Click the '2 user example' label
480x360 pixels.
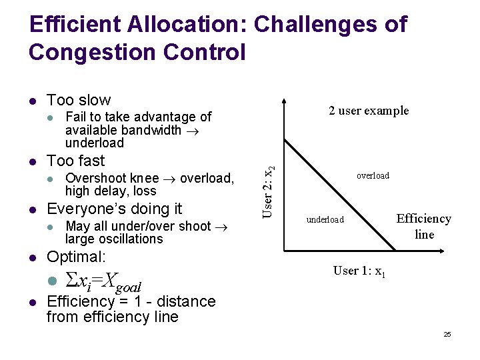click(369, 111)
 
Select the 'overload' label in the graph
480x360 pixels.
click(373, 176)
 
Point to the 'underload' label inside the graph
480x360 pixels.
click(325, 220)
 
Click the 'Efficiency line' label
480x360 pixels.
click(424, 227)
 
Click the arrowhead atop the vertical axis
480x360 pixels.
click(285, 103)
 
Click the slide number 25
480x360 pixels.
click(447, 334)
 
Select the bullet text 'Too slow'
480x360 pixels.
click(79, 100)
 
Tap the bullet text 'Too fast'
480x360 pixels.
click(75, 161)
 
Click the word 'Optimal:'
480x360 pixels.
click(77, 257)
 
